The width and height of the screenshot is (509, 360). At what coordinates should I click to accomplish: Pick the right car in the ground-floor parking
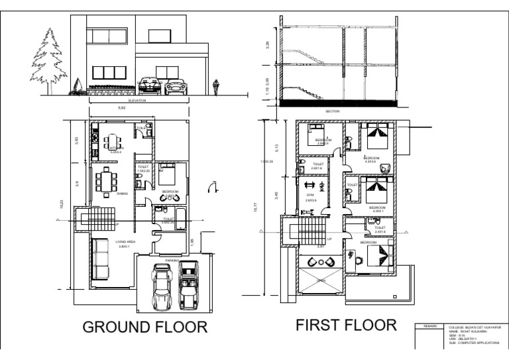[x=189, y=283]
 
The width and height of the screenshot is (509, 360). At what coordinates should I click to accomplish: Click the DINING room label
[x=123, y=194]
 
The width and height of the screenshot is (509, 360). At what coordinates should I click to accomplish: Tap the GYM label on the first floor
[x=310, y=195]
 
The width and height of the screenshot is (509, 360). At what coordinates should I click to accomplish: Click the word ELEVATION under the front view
[x=137, y=100]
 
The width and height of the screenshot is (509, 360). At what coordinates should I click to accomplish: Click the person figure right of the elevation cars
[x=215, y=87]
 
